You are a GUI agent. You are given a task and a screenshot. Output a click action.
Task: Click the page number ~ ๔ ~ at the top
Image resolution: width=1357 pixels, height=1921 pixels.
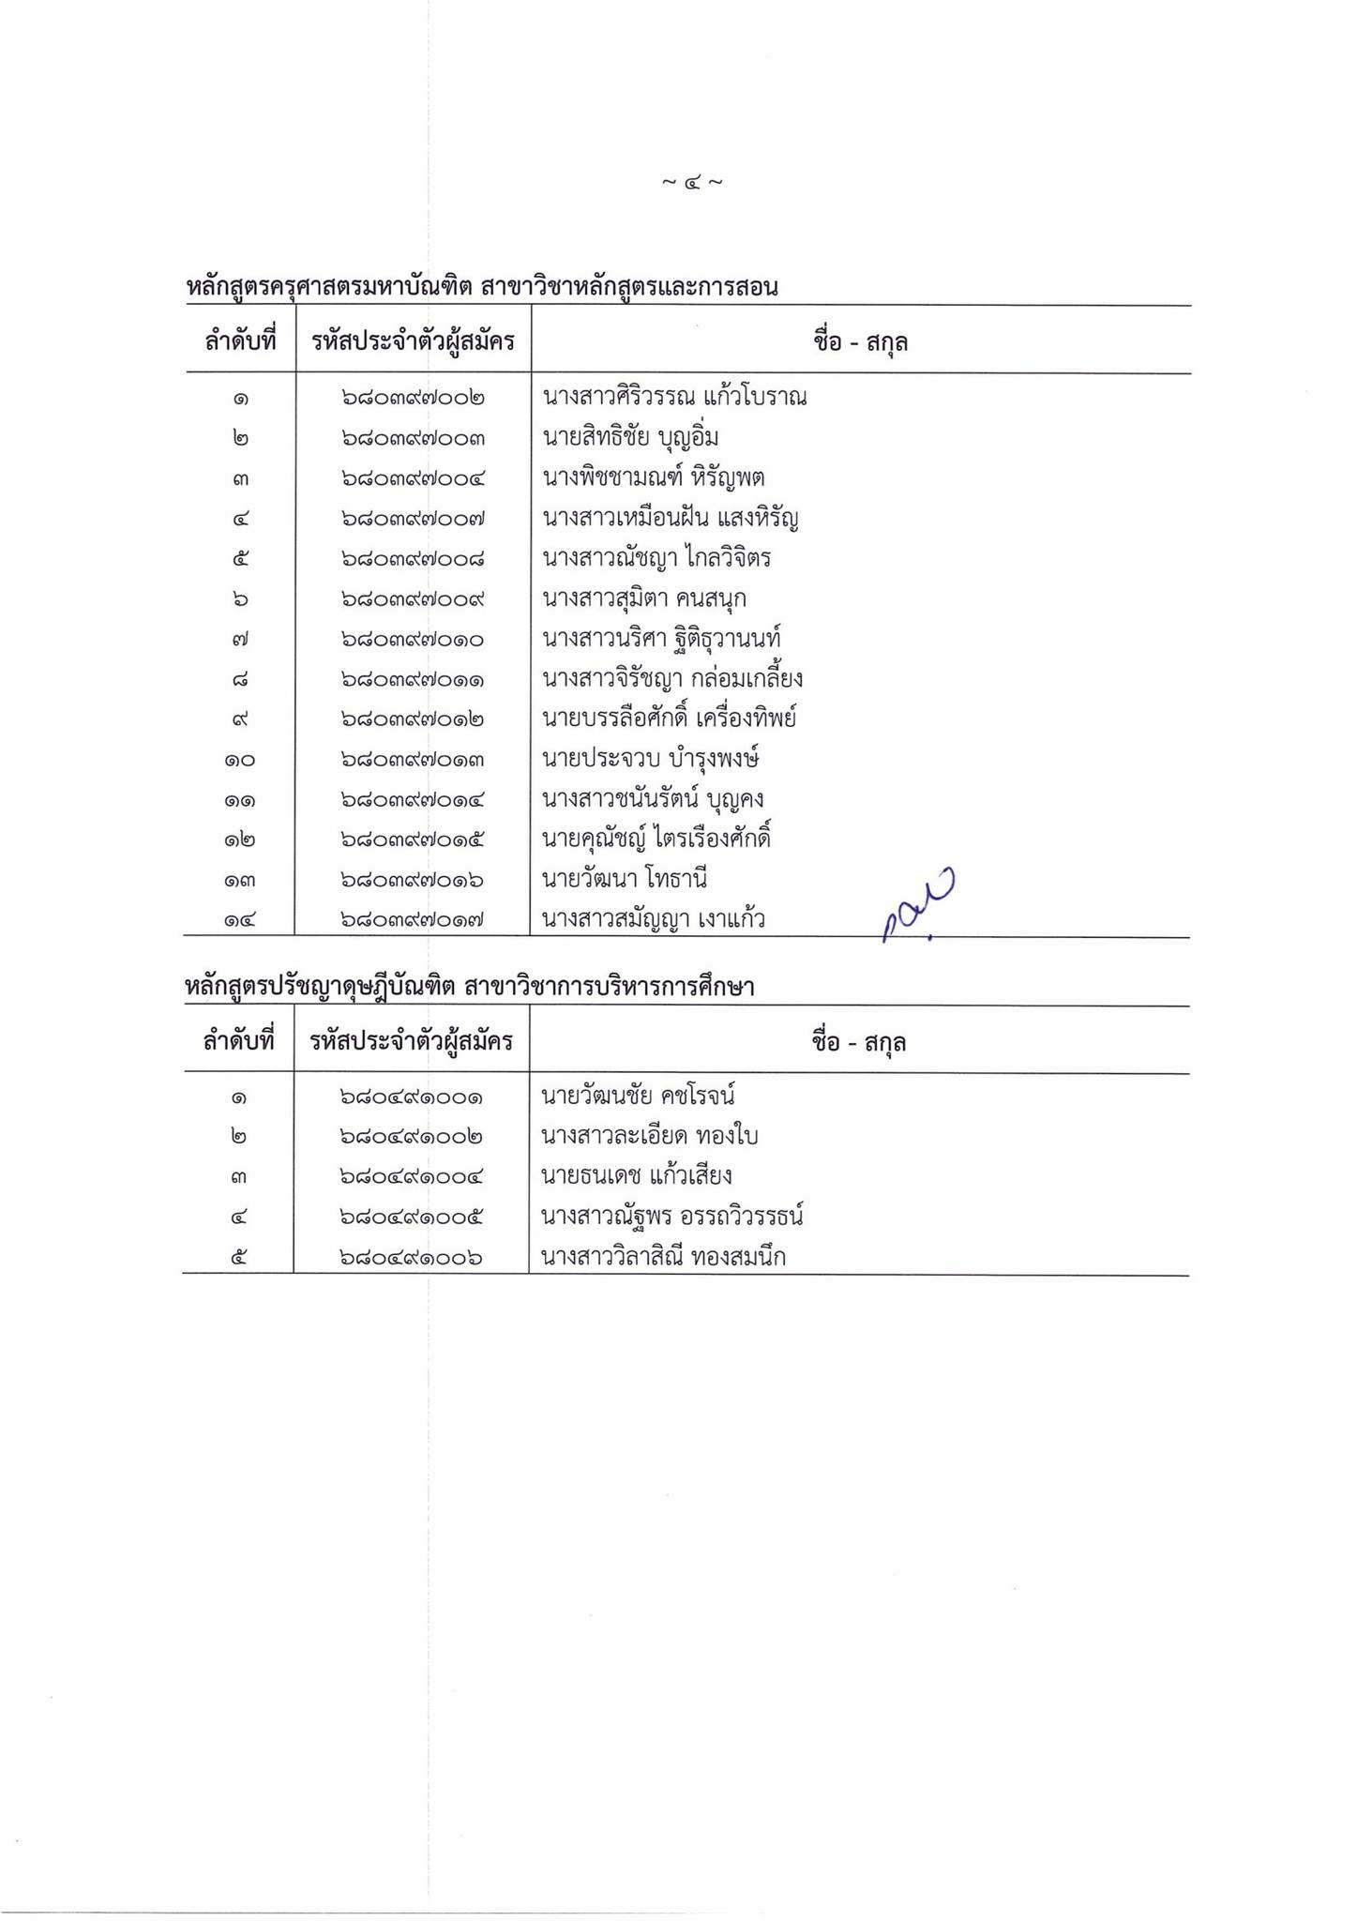pyautogui.click(x=691, y=182)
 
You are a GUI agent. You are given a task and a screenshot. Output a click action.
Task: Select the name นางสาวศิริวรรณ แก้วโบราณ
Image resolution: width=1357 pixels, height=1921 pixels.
pyautogui.click(x=674, y=397)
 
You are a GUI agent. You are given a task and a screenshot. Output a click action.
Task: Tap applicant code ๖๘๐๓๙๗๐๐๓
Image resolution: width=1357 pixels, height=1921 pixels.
pyautogui.click(x=413, y=438)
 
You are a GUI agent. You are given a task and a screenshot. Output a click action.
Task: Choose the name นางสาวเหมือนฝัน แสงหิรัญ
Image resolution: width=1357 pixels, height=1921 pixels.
pyautogui.click(x=670, y=518)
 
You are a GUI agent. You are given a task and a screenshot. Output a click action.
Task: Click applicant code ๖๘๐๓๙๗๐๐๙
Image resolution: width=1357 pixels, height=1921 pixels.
pyautogui.click(x=413, y=598)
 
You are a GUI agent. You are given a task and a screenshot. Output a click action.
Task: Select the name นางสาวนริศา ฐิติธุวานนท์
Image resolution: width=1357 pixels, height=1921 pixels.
pyautogui.click(x=661, y=639)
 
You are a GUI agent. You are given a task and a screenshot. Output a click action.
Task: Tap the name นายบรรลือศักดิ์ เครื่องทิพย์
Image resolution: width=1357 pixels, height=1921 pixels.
pyautogui.click(x=669, y=718)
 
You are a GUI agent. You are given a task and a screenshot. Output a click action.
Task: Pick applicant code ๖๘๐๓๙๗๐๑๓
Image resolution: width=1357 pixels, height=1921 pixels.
pyautogui.click(x=413, y=759)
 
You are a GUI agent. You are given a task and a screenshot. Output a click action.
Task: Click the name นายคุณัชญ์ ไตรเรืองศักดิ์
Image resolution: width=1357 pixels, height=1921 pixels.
pyautogui.click(x=656, y=839)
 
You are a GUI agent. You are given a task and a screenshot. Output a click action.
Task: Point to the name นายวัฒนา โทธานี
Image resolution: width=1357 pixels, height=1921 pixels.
pyautogui.click(x=624, y=879)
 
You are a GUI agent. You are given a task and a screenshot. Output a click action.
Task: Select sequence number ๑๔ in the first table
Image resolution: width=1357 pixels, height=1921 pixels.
pyautogui.click(x=239, y=920)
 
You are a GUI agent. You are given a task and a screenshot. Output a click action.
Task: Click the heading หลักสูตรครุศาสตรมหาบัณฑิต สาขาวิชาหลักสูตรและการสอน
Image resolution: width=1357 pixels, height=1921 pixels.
pyautogui.click(x=482, y=287)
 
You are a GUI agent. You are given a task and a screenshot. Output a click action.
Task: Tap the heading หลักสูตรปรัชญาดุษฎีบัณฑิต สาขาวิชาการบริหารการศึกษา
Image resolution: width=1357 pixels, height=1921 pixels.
pyautogui.click(x=469, y=987)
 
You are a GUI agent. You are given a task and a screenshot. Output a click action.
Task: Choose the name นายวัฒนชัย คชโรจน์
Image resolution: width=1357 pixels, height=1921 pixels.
pyautogui.click(x=638, y=1096)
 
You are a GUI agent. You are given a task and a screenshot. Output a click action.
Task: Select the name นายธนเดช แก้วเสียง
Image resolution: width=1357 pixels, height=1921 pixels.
pyautogui.click(x=636, y=1176)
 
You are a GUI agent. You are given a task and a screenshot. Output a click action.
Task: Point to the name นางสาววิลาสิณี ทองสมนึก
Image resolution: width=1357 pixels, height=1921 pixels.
pyautogui.click(x=663, y=1257)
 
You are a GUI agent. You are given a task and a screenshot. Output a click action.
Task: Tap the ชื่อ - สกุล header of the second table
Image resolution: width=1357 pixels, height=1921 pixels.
pyautogui.click(x=858, y=1041)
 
